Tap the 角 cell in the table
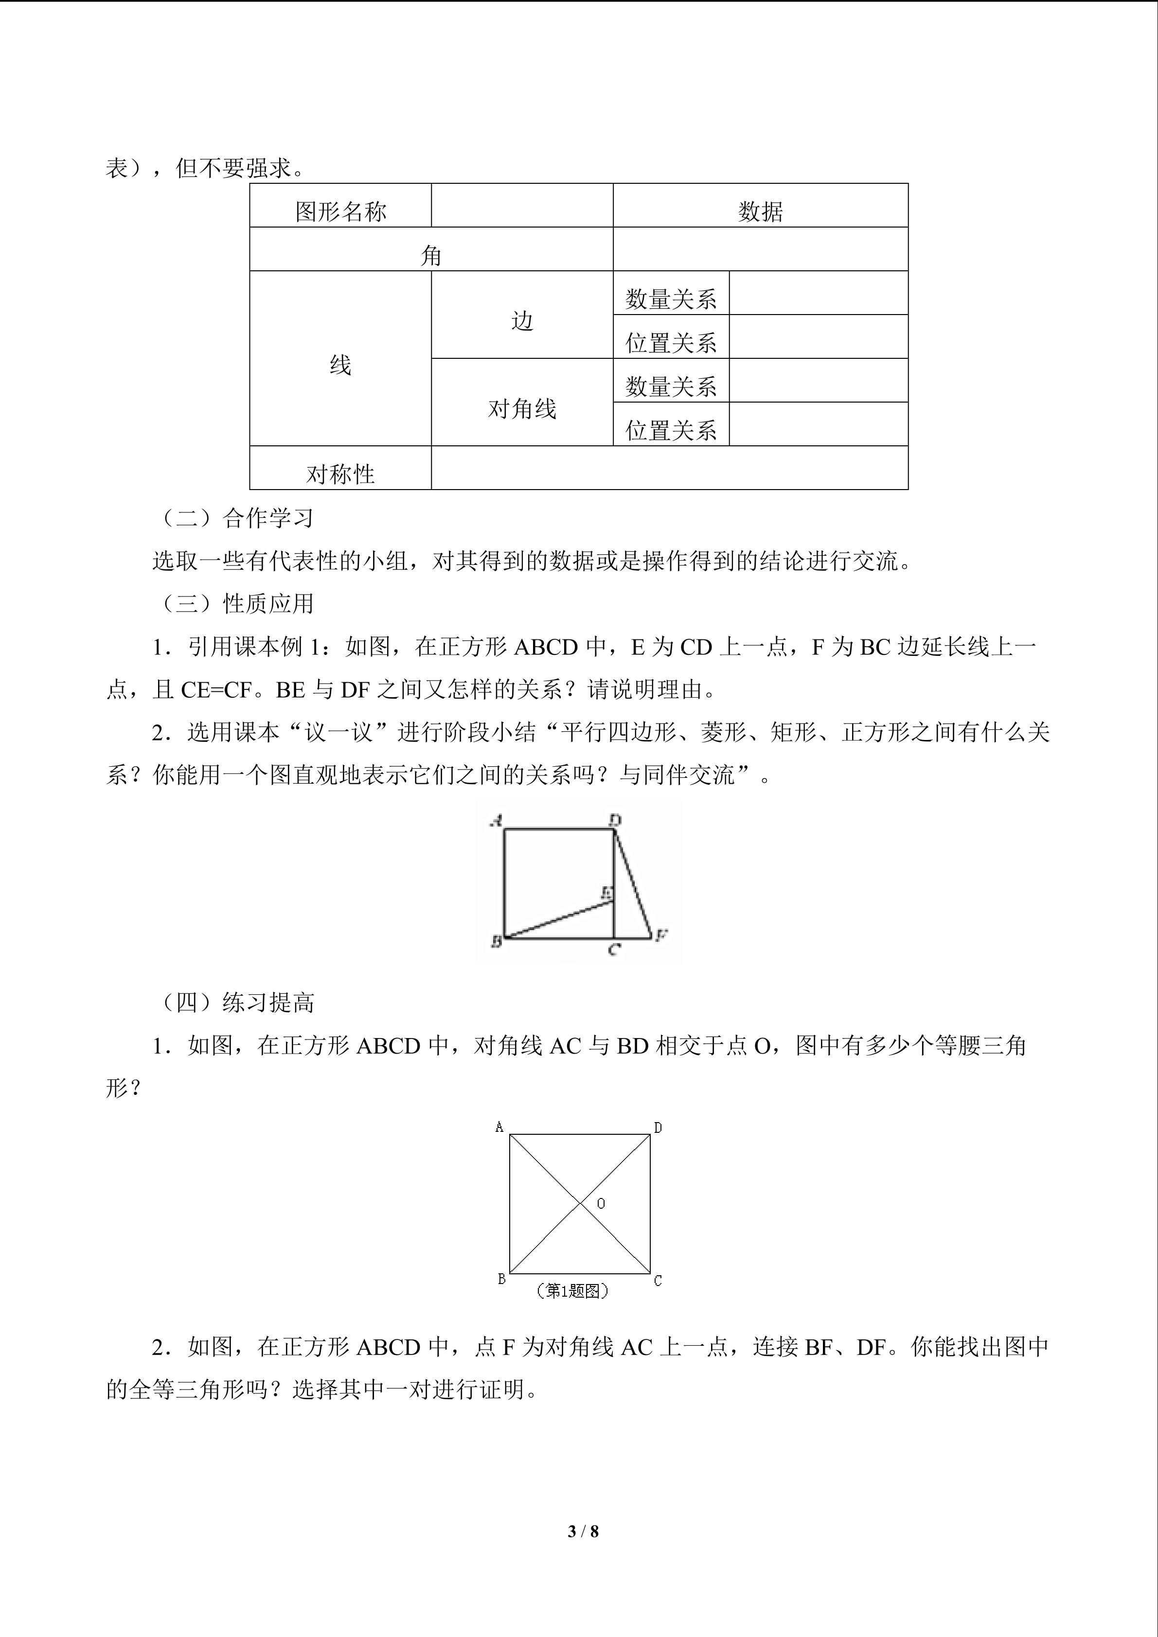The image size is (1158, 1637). coord(431,255)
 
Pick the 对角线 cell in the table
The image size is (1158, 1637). coord(522,408)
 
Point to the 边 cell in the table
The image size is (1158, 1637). coord(522,321)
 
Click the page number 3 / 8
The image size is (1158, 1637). coord(583,1531)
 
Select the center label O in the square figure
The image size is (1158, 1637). coord(601,1203)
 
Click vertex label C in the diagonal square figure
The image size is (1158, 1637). coord(658,1281)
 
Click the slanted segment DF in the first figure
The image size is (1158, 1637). coord(633,884)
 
